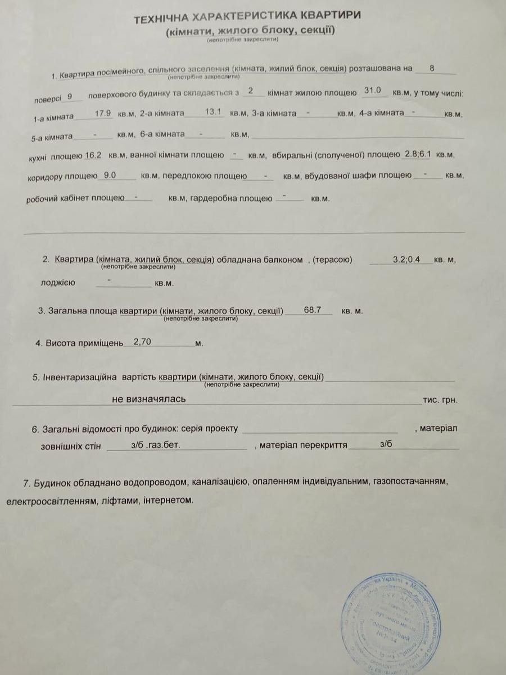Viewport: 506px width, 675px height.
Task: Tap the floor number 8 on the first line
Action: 431,68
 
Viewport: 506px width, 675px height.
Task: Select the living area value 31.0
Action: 373,90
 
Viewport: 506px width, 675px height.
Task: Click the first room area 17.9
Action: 102,113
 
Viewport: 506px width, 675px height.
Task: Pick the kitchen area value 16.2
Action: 93,155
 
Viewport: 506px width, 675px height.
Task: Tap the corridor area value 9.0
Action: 110,175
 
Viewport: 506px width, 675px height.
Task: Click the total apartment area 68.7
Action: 312,309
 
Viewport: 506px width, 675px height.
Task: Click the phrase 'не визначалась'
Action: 148,399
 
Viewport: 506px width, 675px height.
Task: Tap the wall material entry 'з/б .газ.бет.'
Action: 152,445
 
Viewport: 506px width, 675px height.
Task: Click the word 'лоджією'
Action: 57,282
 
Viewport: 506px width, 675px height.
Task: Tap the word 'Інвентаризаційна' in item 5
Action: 80,377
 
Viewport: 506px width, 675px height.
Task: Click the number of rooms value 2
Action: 250,90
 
